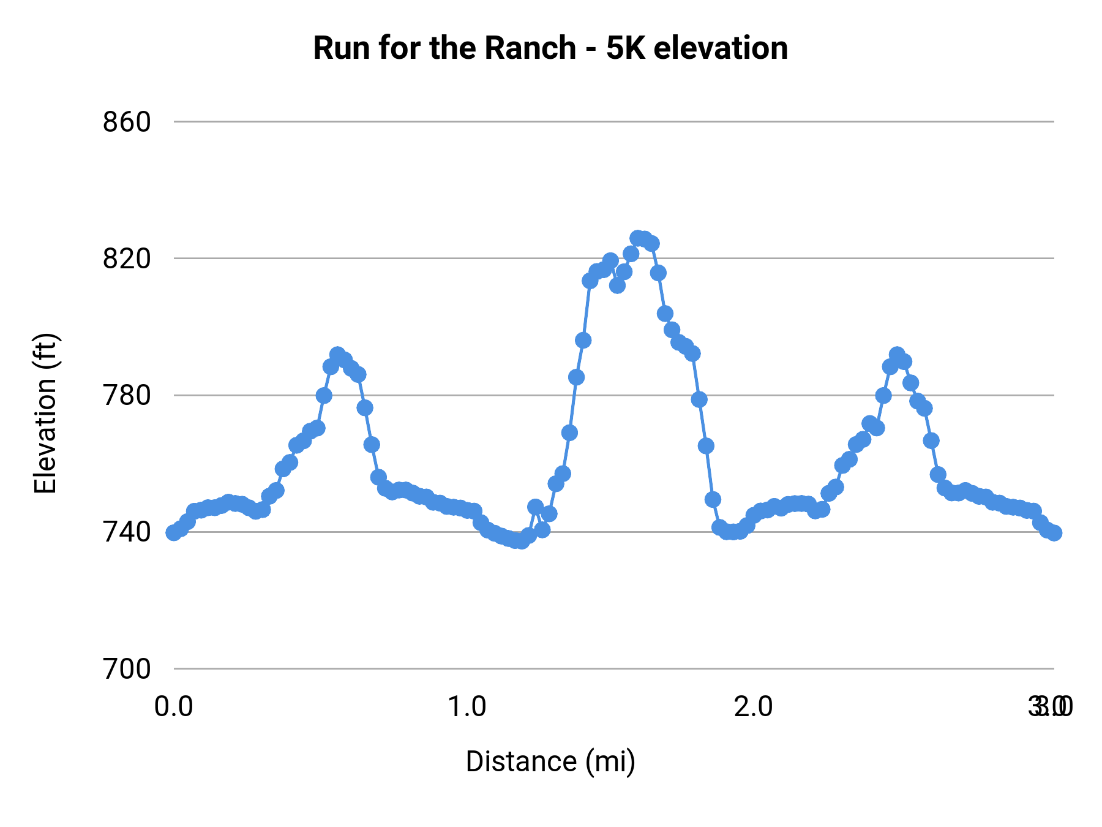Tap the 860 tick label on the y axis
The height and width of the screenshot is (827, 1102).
click(127, 122)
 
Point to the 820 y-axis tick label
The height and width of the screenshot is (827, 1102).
click(127, 259)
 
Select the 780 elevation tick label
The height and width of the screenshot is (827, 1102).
click(127, 395)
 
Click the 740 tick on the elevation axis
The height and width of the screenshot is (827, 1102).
click(127, 532)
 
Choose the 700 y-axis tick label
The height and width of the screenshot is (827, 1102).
click(127, 669)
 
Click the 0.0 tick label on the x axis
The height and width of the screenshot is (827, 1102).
click(174, 707)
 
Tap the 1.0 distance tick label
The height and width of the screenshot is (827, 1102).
click(467, 707)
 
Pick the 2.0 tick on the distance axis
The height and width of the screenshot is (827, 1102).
click(754, 707)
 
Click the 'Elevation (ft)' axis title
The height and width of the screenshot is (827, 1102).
click(46, 413)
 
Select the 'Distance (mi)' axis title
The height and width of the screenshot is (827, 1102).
click(550, 761)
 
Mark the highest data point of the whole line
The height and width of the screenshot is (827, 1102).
click(638, 238)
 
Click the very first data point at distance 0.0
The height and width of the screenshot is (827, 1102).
click(174, 532)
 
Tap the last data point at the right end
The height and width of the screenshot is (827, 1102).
click(1054, 533)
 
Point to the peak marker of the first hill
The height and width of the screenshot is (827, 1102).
click(337, 355)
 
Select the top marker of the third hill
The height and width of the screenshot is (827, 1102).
click(897, 355)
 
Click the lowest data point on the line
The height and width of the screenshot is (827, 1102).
click(521, 542)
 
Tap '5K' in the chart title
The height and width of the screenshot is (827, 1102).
click(626, 48)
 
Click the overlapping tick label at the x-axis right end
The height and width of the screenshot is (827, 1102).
click(1051, 707)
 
